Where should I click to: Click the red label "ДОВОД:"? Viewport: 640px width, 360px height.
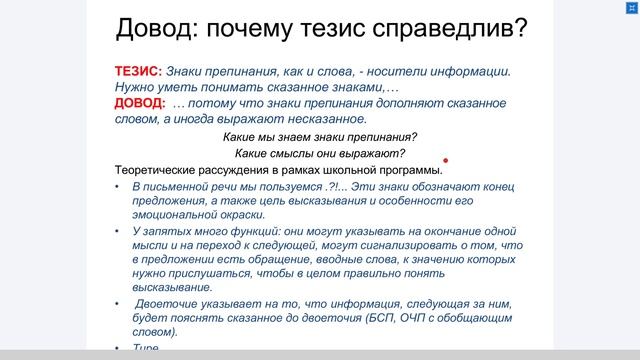(x=139, y=102)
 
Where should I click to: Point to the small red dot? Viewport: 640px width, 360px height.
(x=445, y=160)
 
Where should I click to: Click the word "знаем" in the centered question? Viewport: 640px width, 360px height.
(x=295, y=137)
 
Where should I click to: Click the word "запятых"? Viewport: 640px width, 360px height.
(x=166, y=230)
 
